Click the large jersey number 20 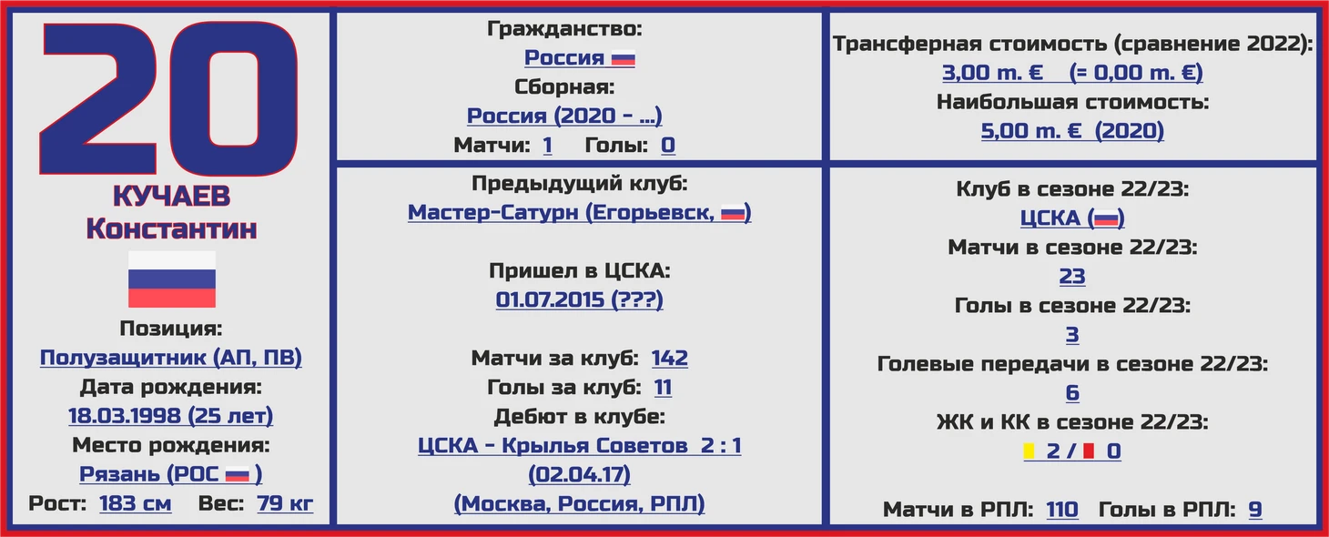(168, 98)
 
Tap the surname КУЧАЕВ (171, 197)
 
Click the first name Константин (171, 228)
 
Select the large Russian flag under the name (172, 279)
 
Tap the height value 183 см (136, 503)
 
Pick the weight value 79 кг (285, 503)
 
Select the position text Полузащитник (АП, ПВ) (171, 357)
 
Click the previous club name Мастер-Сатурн (493, 212)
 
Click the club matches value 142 (670, 358)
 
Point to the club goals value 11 (663, 387)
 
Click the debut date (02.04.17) (580, 474)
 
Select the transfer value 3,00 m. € (992, 73)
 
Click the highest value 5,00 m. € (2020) (1072, 130)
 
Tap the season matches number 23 (1072, 276)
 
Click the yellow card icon (1029, 451)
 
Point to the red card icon (1089, 451)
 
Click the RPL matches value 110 (1062, 509)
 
